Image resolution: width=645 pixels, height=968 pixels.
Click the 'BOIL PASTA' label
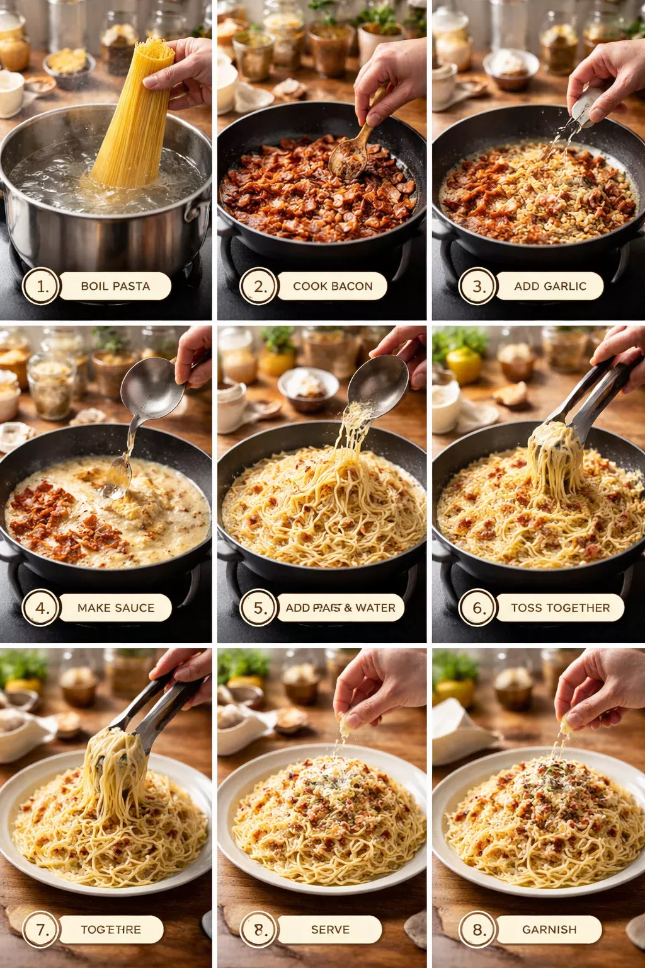click(x=115, y=286)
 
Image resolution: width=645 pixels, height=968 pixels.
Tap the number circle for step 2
click(x=258, y=286)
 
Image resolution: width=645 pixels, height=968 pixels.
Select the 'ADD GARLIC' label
click(x=549, y=286)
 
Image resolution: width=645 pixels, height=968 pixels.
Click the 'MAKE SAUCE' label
click(x=115, y=608)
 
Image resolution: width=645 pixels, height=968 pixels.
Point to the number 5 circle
click(x=258, y=608)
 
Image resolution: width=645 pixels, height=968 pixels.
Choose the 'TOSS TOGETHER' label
click(x=560, y=608)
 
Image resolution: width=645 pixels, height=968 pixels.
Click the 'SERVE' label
click(x=329, y=930)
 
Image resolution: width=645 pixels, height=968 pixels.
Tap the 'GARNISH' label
click(x=549, y=930)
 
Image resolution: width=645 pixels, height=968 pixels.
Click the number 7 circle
click(x=41, y=930)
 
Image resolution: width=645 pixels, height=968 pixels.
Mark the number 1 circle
click(x=41, y=286)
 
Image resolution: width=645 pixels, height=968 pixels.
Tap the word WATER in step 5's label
click(x=375, y=608)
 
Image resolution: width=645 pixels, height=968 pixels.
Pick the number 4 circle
click(x=41, y=608)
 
